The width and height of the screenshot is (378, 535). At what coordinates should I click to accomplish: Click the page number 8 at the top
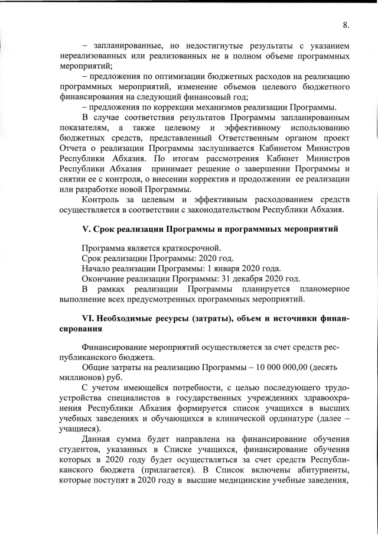[x=346, y=25]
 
